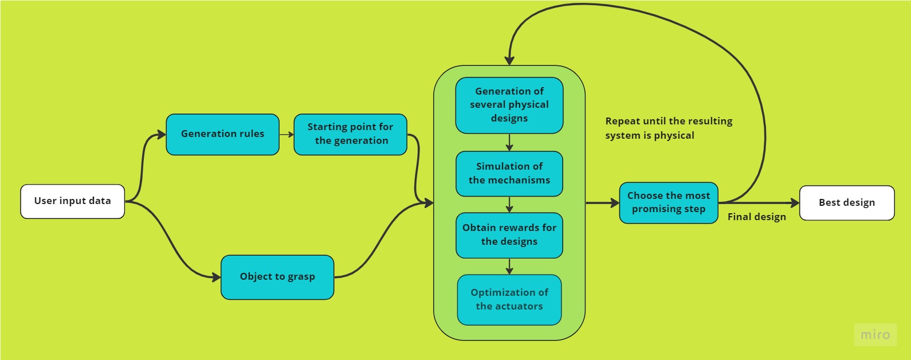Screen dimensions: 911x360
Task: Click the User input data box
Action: tap(72, 201)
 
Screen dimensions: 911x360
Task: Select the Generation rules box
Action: tap(222, 134)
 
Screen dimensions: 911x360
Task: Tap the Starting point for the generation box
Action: tap(350, 134)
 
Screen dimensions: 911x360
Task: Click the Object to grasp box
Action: tap(277, 277)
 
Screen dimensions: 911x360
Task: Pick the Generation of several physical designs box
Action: tap(509, 105)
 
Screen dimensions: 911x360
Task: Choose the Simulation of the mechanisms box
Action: tap(509, 174)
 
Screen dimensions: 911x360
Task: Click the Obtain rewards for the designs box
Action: tap(509, 235)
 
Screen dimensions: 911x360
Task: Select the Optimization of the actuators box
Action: tap(509, 300)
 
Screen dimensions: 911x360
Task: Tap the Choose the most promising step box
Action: tap(669, 202)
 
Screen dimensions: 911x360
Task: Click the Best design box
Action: tap(847, 203)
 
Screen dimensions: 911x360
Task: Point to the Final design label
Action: tap(756, 217)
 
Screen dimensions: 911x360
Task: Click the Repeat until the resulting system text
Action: tap(669, 128)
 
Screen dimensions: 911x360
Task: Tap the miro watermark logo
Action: tap(875, 335)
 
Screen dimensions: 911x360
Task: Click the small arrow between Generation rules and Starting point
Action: tap(286, 134)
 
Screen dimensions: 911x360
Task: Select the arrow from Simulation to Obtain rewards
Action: tap(509, 205)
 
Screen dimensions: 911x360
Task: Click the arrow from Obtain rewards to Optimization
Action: tap(509, 267)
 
